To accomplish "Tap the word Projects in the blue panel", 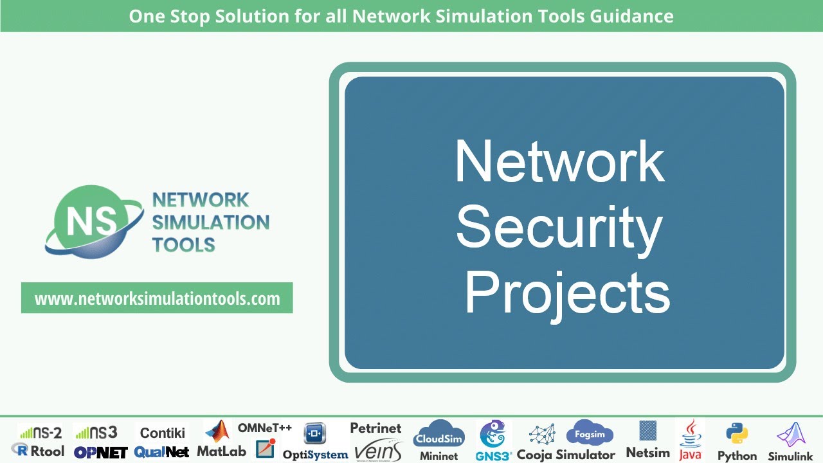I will (x=566, y=293).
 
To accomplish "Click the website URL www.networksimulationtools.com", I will (x=157, y=298).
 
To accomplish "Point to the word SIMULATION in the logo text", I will (x=210, y=222).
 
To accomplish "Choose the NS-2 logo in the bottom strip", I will (x=40, y=432).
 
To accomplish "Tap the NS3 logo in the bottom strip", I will (x=96, y=432).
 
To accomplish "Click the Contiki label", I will (x=163, y=433).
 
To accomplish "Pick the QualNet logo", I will (x=161, y=452).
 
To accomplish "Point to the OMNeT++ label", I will (x=265, y=428).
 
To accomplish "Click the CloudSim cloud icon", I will (x=439, y=435).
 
